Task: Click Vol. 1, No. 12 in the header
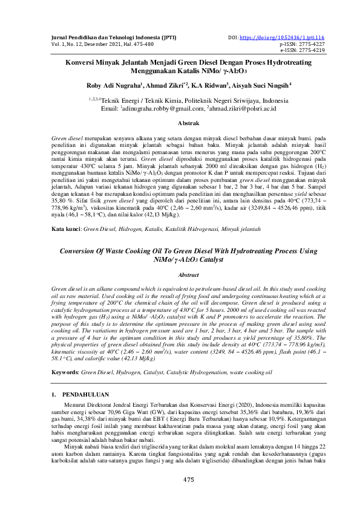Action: [68, 44]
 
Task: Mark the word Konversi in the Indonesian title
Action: [83, 62]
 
